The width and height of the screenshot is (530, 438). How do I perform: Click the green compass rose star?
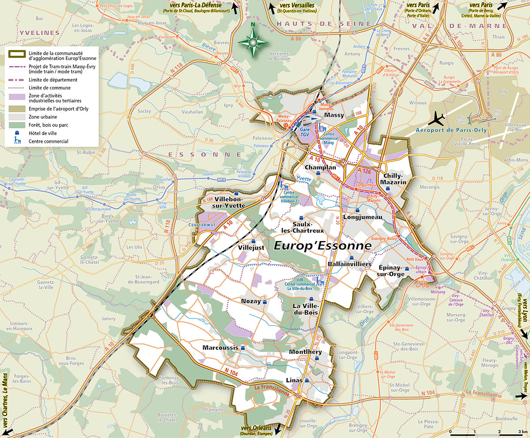click(x=253, y=42)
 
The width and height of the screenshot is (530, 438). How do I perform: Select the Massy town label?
click(x=334, y=115)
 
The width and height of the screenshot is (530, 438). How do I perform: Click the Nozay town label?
click(x=250, y=301)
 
